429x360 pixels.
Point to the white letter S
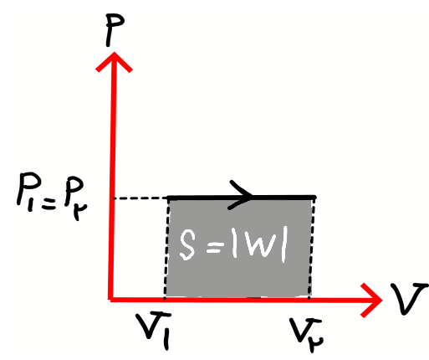tap(187, 245)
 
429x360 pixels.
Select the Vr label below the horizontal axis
tap(306, 334)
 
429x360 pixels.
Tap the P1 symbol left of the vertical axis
tap(28, 191)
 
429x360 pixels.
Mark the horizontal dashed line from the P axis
tap(140, 198)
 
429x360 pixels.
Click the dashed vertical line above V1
tap(166, 249)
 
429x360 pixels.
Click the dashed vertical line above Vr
tap(312, 249)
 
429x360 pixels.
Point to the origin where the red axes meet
tap(111, 299)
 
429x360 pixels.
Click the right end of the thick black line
tap(315, 198)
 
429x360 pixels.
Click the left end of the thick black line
tap(168, 198)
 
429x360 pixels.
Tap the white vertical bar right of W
tap(283, 246)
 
